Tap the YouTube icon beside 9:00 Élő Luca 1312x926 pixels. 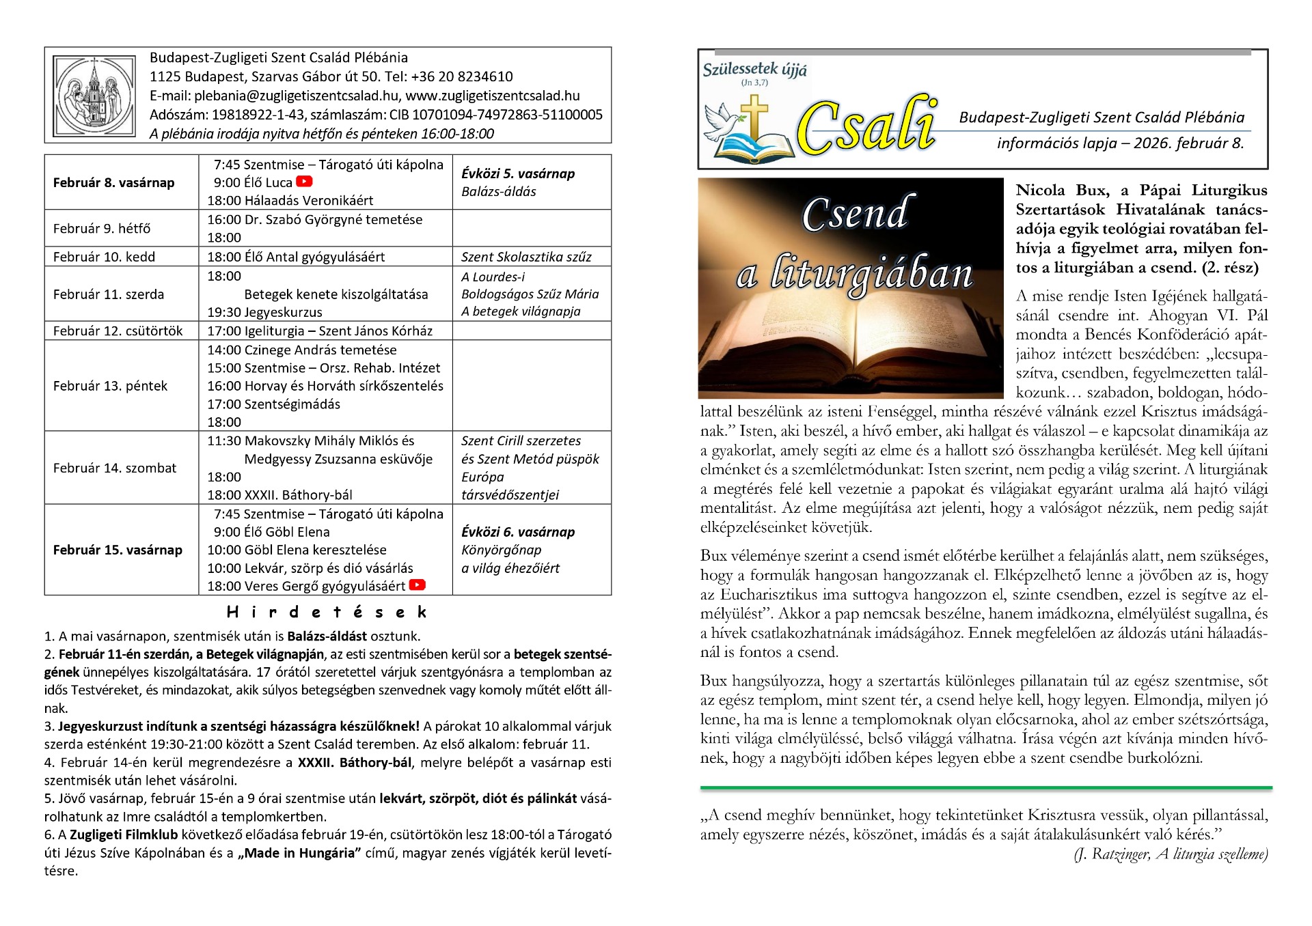(304, 182)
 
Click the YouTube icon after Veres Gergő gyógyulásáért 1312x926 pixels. (417, 585)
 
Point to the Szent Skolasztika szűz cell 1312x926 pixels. (526, 257)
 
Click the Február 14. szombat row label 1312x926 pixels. (115, 468)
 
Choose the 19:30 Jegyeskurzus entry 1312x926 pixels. (265, 312)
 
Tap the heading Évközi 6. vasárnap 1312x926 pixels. (518, 532)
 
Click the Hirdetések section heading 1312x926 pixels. (327, 612)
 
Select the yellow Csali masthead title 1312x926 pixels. (866, 128)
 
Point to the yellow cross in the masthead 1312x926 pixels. (754, 116)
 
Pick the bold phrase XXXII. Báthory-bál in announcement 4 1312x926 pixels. (355, 763)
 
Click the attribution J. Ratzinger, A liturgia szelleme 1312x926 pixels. (1171, 854)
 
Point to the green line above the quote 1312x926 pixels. (985, 788)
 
